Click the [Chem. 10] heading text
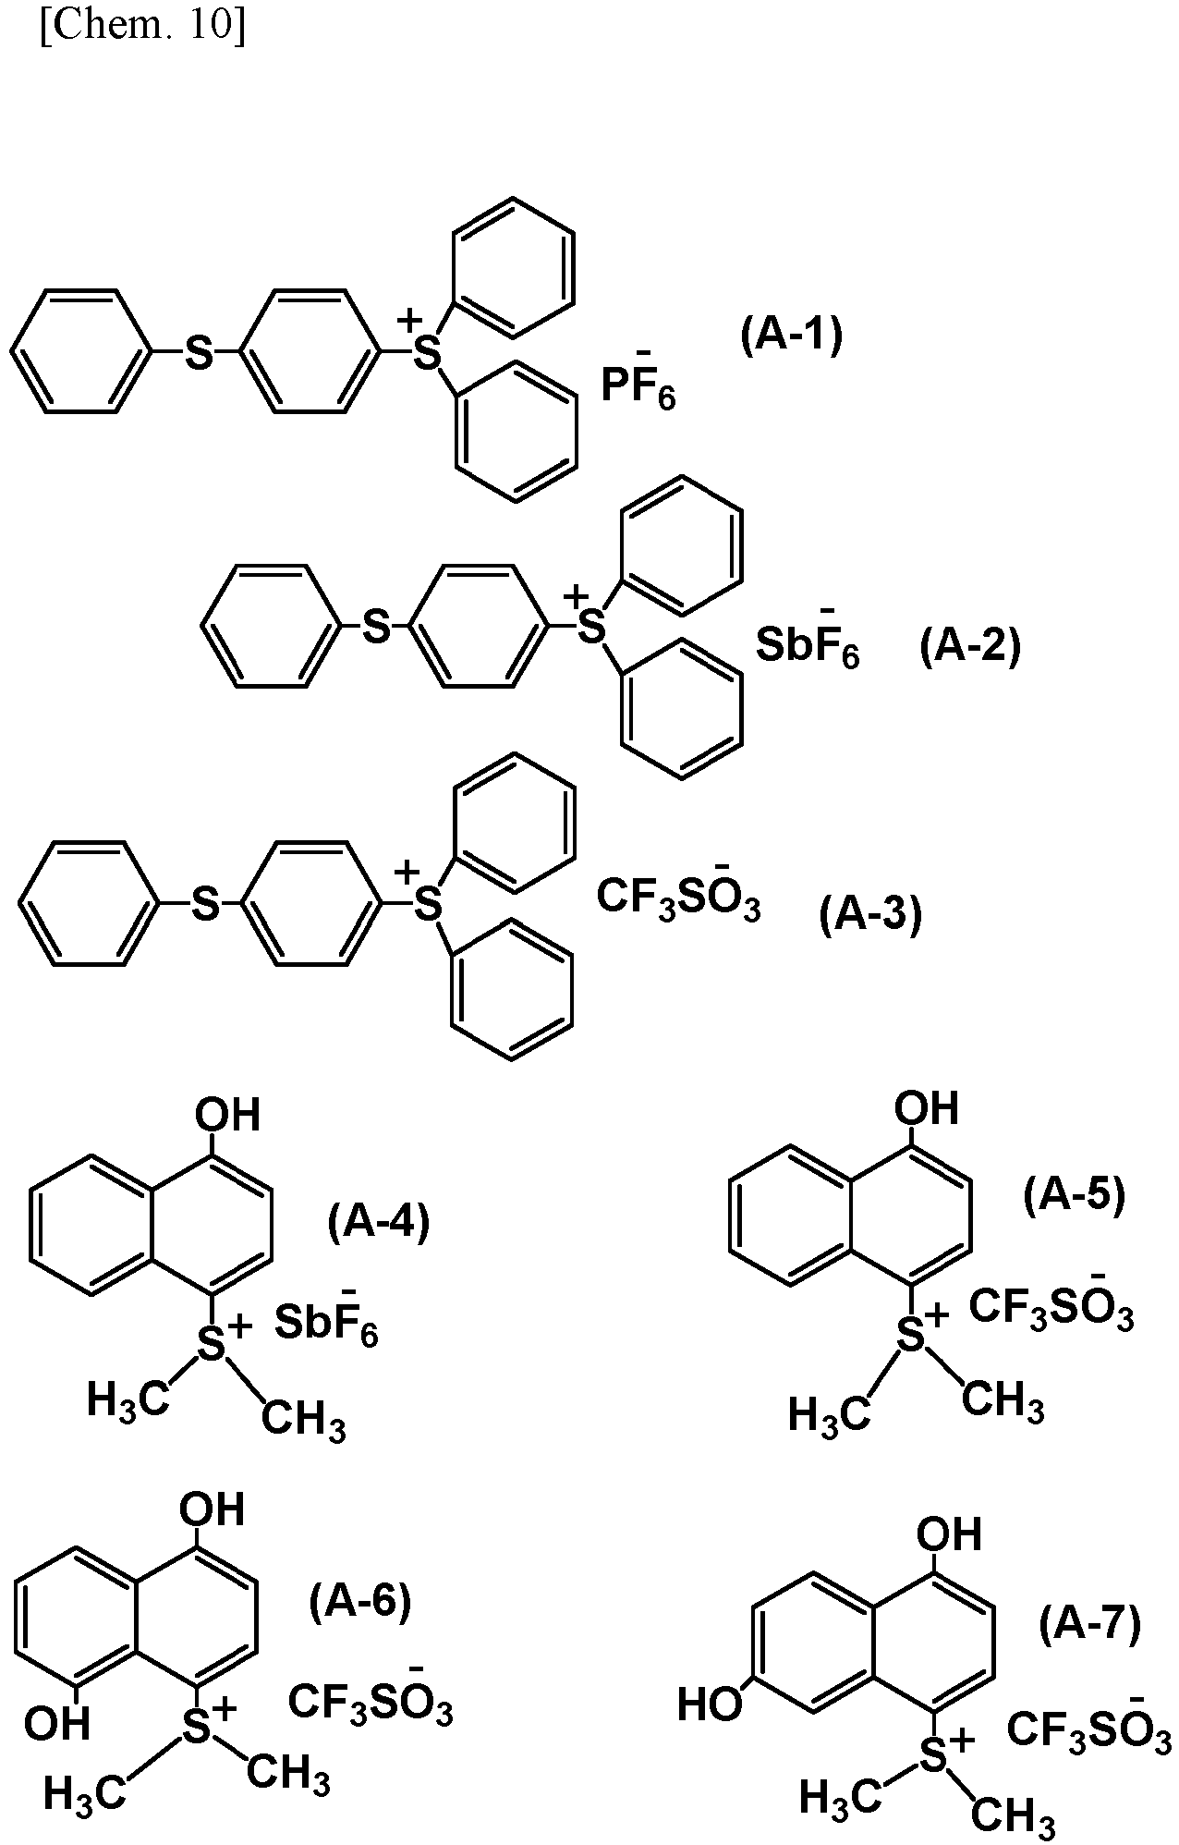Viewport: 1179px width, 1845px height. tap(143, 29)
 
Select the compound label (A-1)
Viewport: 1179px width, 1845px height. tap(792, 336)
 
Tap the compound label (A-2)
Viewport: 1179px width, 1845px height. tap(970, 646)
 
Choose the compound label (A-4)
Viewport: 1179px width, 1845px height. tap(379, 1222)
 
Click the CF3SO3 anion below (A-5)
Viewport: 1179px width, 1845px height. tap(1051, 1303)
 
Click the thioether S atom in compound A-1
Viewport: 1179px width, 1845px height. tap(199, 352)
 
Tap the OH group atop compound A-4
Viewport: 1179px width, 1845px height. tap(227, 1115)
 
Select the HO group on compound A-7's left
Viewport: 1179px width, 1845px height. tap(711, 1704)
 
